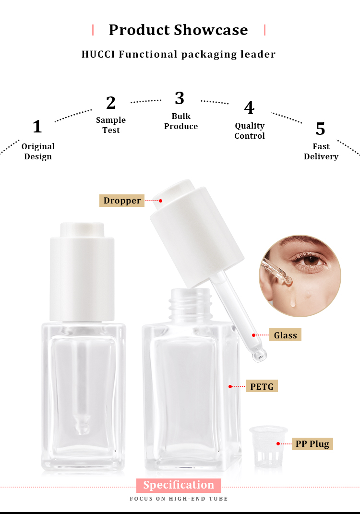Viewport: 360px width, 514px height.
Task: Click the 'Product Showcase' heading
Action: coord(178,30)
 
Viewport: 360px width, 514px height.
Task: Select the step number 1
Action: coord(37,127)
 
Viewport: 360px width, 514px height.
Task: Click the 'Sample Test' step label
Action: coord(111,125)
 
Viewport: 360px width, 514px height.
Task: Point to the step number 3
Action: coord(180,98)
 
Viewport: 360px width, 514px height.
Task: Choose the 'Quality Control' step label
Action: coord(250,131)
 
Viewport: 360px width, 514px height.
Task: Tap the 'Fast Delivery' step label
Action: coord(321,151)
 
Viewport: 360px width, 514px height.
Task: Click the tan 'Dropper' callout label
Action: coord(122,201)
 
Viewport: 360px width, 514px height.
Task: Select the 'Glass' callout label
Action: coord(286,335)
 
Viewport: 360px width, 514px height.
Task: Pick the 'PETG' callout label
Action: coord(262,386)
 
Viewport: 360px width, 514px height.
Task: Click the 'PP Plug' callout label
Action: coord(312,444)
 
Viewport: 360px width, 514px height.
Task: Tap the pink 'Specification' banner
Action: coord(179,485)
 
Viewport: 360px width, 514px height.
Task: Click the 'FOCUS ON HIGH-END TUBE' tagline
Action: coord(179,499)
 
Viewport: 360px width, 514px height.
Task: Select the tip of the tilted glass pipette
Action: coord(260,355)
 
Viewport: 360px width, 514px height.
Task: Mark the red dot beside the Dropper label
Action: coord(161,201)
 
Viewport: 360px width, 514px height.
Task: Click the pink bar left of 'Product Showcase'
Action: coord(93,30)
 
